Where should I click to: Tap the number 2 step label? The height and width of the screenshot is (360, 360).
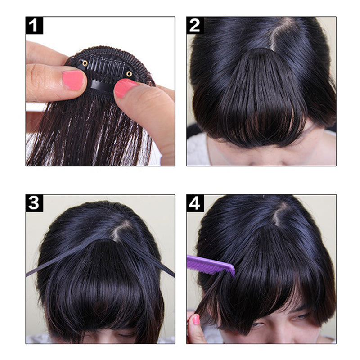coord(195,26)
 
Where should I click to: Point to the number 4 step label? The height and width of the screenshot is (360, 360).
coord(195,203)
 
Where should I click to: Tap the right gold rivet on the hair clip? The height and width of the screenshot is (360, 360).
coord(129,73)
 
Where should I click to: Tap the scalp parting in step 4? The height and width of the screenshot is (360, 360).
coord(280,215)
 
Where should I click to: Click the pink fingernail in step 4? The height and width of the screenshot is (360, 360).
coord(196,319)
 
